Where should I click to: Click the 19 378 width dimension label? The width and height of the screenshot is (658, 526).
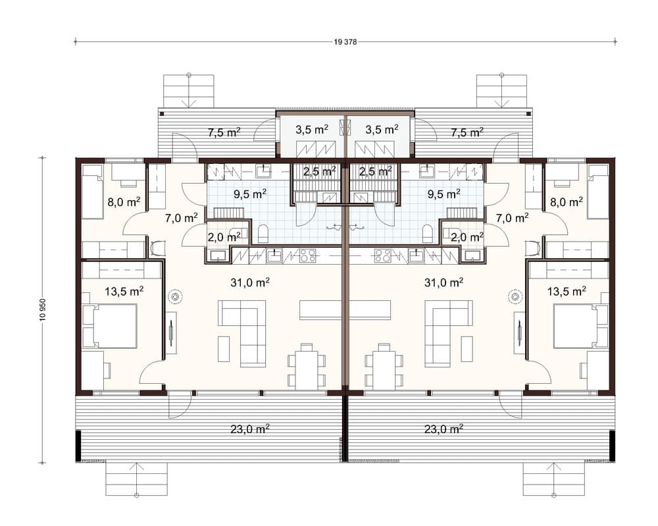pyautogui.click(x=345, y=42)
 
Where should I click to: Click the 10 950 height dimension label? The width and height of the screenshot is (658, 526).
pyautogui.click(x=42, y=310)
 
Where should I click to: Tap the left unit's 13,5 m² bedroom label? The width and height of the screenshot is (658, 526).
pyautogui.click(x=124, y=290)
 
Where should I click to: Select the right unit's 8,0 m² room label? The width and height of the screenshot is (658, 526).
pyautogui.click(x=567, y=202)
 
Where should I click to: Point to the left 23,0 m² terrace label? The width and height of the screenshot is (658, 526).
pyautogui.click(x=249, y=429)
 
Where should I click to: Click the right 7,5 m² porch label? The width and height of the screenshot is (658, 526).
pyautogui.click(x=467, y=133)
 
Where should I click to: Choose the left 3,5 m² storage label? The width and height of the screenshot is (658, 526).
pyautogui.click(x=312, y=130)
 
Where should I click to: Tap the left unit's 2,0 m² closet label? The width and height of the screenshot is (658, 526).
pyautogui.click(x=224, y=237)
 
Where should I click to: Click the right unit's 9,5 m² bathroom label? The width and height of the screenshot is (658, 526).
pyautogui.click(x=443, y=194)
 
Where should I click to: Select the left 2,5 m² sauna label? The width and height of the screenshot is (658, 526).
pyautogui.click(x=319, y=171)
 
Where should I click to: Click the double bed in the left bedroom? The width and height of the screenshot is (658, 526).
pyautogui.click(x=113, y=326)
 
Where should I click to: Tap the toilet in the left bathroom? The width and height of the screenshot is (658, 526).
pyautogui.click(x=263, y=234)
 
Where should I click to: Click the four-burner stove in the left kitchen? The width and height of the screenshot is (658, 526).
pyautogui.click(x=307, y=255)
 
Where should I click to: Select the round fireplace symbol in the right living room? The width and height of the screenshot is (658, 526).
pyautogui.click(x=515, y=296)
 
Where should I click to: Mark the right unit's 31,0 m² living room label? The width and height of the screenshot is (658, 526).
pyautogui.click(x=443, y=282)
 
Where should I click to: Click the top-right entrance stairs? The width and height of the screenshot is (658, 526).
pyautogui.click(x=501, y=91)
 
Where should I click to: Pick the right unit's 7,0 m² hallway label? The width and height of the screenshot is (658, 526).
pyautogui.click(x=512, y=218)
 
